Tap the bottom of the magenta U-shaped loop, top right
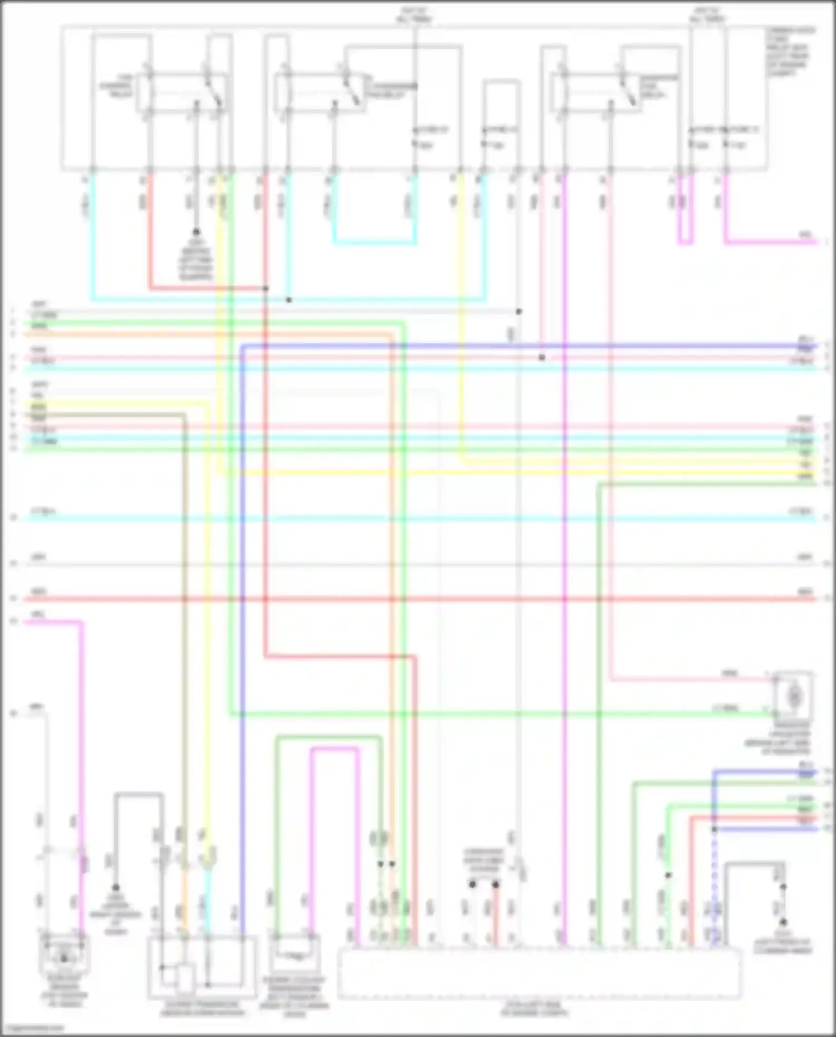click(686, 243)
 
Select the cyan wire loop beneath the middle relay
click(375, 243)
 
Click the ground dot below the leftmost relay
click(196, 231)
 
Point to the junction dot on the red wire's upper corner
click(266, 289)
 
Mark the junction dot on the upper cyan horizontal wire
click(289, 300)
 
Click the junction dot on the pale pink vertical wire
click(542, 357)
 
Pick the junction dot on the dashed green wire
click(668, 875)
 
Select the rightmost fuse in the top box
click(726, 139)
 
